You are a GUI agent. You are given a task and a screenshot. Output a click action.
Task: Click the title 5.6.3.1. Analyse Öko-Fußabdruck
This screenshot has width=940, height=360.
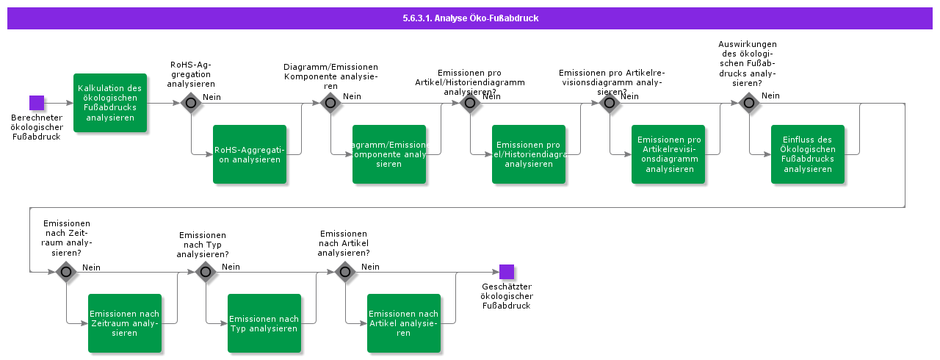point(470,18)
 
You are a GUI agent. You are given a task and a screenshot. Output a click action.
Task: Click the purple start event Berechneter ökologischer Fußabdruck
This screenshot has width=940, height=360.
point(37,103)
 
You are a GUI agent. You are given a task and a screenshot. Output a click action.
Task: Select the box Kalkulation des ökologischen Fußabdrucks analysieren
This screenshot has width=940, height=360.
point(110,103)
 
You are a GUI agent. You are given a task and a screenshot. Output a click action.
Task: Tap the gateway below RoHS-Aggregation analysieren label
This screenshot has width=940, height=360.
point(191,103)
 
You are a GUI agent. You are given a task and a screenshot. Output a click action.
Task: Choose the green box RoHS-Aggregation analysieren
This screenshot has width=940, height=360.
point(250,154)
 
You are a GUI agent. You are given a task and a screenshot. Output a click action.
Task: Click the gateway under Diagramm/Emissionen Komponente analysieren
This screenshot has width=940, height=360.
point(330,103)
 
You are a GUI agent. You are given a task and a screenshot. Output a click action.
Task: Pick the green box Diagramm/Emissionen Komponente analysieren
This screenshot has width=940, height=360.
point(389,154)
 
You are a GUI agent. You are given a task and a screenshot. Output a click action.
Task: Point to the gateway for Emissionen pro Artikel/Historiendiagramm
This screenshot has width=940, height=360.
point(470,103)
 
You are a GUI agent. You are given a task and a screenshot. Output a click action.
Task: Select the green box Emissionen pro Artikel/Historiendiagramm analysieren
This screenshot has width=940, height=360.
point(529,154)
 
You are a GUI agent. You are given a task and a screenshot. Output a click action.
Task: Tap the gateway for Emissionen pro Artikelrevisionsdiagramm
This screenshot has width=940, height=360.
point(610,103)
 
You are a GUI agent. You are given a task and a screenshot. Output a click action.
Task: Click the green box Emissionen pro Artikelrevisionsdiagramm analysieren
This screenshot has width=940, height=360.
point(668,154)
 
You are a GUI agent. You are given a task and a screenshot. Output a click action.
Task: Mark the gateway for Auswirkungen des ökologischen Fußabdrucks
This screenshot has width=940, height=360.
point(749,103)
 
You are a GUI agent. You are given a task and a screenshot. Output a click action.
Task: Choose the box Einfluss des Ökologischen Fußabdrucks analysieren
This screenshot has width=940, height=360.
point(808,154)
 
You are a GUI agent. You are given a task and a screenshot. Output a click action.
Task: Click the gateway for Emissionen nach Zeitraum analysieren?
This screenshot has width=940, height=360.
point(66,272)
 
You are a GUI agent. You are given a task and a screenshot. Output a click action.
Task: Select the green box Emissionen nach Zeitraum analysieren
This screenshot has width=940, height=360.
point(125,323)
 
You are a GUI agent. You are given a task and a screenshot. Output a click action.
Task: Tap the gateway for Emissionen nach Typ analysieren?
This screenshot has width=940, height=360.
point(206,272)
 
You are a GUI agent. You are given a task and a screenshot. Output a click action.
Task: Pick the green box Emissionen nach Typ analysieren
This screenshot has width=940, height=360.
point(264,323)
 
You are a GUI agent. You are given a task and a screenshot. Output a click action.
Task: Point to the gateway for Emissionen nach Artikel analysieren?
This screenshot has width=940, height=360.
point(345,272)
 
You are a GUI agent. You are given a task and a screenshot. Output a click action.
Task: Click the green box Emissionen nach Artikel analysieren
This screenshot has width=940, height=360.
point(404,323)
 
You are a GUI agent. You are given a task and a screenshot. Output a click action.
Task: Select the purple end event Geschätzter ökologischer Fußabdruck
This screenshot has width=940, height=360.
point(507,272)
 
